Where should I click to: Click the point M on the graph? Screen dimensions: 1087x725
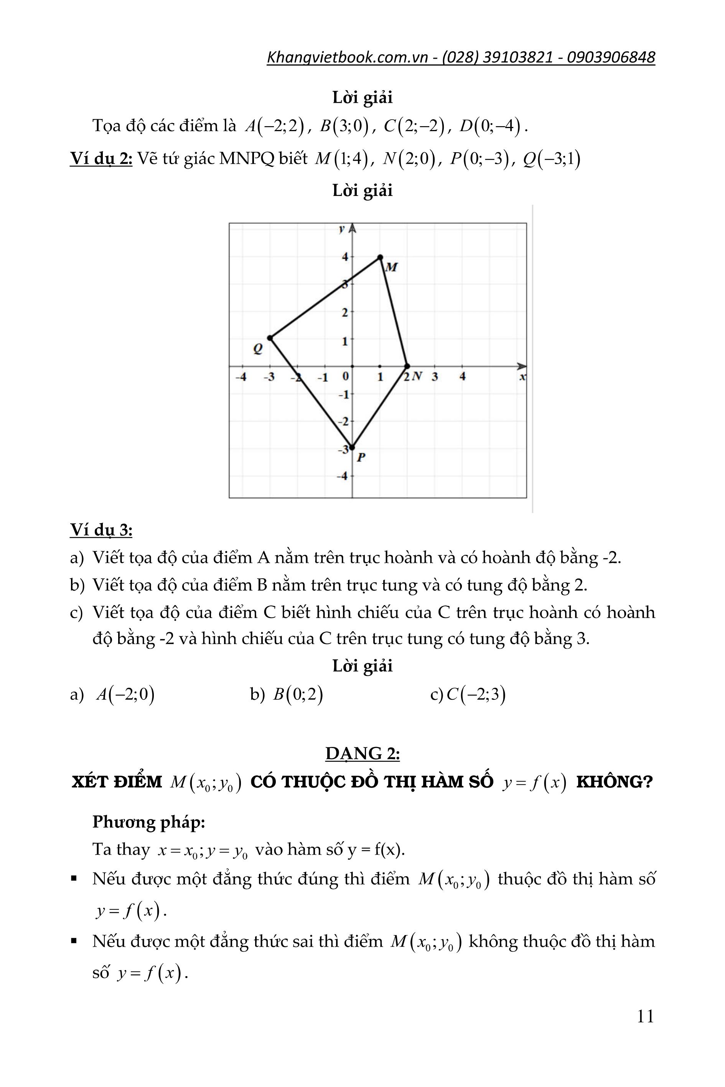point(380,257)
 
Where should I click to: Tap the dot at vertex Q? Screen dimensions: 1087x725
point(270,338)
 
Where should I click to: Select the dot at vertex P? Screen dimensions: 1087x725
point(352,447)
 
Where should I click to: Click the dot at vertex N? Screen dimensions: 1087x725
point(407,366)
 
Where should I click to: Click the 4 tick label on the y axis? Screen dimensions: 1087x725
point(345,257)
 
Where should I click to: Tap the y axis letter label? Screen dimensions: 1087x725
point(342,229)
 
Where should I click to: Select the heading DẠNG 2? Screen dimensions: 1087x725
point(362,753)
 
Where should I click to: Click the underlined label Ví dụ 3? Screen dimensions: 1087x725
point(101,530)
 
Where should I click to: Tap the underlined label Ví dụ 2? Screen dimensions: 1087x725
point(101,158)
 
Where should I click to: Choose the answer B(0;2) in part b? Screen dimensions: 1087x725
point(298,695)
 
